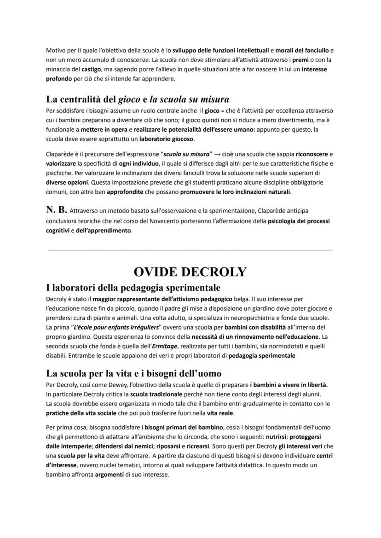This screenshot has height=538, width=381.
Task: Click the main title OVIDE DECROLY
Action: [190, 272]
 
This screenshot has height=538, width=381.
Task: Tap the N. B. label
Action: [57, 210]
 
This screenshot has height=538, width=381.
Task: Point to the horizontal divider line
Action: [190, 250]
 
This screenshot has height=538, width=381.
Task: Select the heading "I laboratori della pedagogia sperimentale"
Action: [133, 288]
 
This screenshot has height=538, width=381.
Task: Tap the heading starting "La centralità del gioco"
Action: [138, 99]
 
